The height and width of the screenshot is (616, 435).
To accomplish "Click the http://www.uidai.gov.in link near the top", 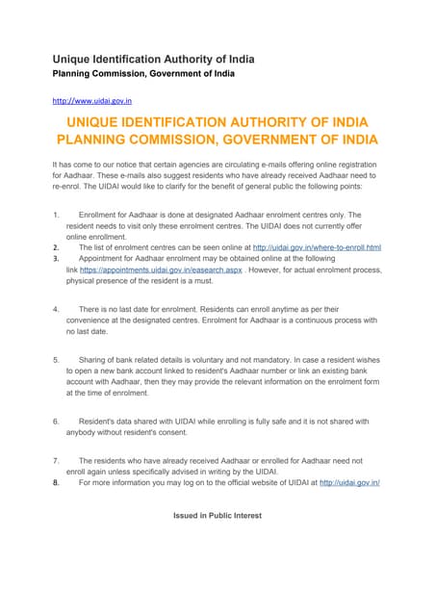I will (91, 99).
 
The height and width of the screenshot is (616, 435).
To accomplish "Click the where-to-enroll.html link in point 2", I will (317, 247).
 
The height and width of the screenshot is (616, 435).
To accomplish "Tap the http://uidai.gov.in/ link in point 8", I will (348, 483).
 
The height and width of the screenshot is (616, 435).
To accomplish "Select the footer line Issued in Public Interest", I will (217, 516).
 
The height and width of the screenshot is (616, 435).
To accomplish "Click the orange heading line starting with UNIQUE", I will (217, 122).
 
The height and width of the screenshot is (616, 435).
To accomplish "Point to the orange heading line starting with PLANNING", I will (217, 141).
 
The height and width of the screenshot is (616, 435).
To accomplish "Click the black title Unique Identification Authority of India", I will (153, 60).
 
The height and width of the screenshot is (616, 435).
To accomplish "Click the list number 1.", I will (56, 215).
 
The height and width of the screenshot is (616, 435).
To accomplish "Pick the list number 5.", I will (56, 359).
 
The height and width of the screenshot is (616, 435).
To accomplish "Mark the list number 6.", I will (56, 421).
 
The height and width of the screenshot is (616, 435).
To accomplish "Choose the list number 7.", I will (56, 461).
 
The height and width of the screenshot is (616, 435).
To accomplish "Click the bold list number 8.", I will (56, 483).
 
